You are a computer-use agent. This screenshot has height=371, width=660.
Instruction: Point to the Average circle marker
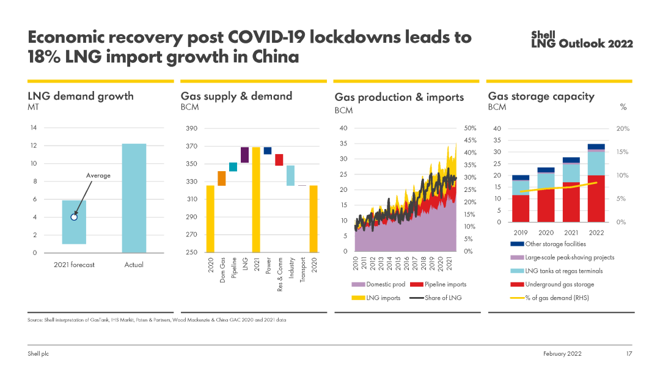coord(74,216)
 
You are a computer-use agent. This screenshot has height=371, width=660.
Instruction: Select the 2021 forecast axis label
coord(74,265)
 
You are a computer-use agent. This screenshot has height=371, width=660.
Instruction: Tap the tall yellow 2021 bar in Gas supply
coord(256,199)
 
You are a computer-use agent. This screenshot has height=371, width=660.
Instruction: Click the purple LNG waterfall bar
coord(244,155)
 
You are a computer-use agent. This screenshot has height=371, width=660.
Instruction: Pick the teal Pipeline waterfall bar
coord(233,167)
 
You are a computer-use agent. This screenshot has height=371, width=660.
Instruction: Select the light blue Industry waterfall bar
coord(290,175)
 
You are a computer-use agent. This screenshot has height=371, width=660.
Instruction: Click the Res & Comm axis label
coord(279,274)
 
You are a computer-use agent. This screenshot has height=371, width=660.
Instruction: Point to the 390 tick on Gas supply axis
coord(192,128)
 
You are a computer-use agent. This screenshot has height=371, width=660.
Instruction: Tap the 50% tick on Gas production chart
coord(470,128)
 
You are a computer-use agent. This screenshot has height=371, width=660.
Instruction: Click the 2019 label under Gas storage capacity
coord(521,232)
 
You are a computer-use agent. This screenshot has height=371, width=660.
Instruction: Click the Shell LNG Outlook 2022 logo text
coord(581,40)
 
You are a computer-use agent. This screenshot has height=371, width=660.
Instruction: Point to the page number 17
coord(628,354)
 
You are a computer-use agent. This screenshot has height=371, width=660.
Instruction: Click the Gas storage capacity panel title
coord(541,96)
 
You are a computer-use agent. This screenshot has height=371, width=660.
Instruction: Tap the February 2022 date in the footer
coord(562,354)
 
